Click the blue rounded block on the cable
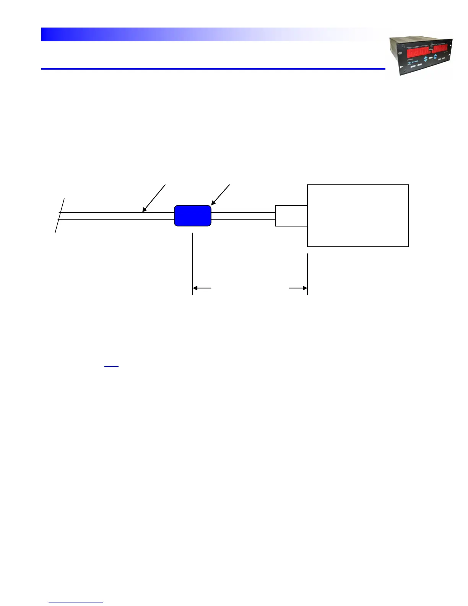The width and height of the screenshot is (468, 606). pos(193,216)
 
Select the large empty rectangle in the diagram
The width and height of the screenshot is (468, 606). pos(358,216)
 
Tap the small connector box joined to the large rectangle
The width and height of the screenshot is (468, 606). pos(291,216)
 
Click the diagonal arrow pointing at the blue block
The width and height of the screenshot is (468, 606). pos(221,194)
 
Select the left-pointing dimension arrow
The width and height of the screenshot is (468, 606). pos(201,288)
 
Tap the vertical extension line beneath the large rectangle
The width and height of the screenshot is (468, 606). pos(307,274)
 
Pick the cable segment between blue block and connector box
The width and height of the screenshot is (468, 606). pos(243,216)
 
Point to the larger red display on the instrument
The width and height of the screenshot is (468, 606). pos(417,52)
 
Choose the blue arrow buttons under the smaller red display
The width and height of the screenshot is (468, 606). pos(435,57)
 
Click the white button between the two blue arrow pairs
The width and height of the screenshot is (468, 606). pos(431,58)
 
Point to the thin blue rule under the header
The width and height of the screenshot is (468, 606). pos(213,69)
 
